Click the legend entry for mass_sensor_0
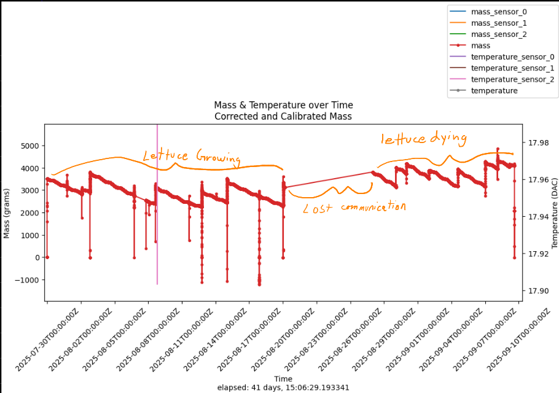498,12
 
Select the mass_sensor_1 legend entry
498,23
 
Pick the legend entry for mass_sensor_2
498,34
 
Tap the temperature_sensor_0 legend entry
512,56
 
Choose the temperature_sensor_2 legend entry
512,79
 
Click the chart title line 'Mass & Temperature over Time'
283,106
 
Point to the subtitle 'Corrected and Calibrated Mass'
283,116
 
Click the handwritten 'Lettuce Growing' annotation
191,157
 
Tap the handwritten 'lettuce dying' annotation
424,139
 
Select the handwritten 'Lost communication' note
354,208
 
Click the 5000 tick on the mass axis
30,146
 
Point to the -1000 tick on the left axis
28,280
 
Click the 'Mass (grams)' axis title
7,212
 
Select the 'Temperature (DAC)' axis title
554,212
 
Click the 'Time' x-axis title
283,379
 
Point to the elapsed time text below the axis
283,388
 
